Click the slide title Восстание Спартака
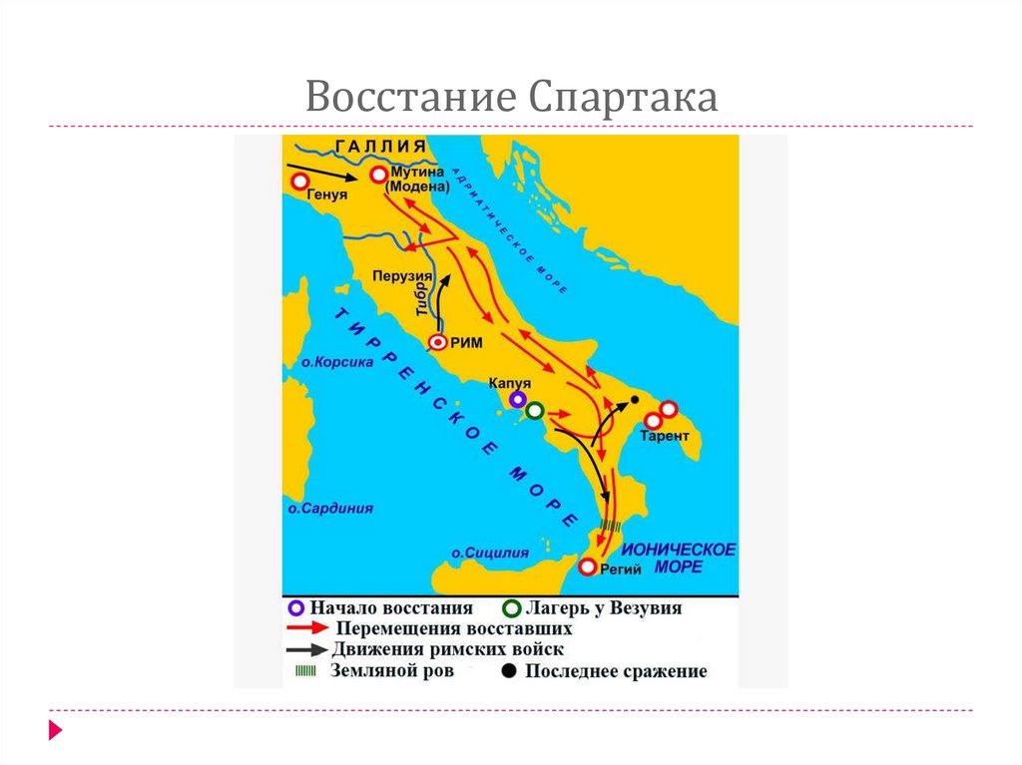pyautogui.click(x=511, y=97)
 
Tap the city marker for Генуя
pyautogui.click(x=298, y=182)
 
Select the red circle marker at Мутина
pyautogui.click(x=379, y=176)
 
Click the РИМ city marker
pyautogui.click(x=437, y=342)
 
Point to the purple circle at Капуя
pyautogui.click(x=517, y=399)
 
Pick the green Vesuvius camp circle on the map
pyautogui.click(x=535, y=410)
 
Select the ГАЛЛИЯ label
pyautogui.click(x=385, y=147)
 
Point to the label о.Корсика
pyautogui.click(x=337, y=362)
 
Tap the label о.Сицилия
pyautogui.click(x=489, y=552)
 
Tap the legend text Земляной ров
pyautogui.click(x=392, y=670)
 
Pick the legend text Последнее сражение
pyautogui.click(x=616, y=671)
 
